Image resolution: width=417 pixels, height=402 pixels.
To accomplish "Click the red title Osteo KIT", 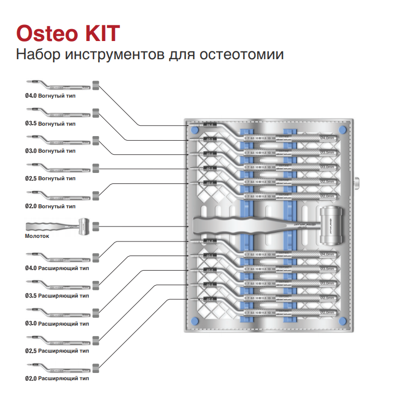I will tap(68, 33).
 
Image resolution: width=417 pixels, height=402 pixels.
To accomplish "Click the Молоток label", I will tap(37, 235).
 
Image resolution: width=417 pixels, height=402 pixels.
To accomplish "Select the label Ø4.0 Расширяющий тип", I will tap(57, 268).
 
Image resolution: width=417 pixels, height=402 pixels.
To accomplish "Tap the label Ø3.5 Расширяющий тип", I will tap(57, 296).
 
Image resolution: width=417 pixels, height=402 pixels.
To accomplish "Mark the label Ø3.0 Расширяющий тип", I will tap(57, 324).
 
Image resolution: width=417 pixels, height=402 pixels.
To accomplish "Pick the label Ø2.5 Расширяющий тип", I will tap(57, 351).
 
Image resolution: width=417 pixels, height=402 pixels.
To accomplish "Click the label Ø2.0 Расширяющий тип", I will tap(57, 379).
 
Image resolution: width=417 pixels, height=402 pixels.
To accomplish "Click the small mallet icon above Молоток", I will tap(57, 226).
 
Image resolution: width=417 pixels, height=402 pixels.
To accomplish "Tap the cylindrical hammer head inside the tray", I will tap(332, 225).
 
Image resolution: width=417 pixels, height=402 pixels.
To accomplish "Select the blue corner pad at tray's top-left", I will tap(194, 129).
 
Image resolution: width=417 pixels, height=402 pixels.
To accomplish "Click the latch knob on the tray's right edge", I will tap(357, 183).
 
